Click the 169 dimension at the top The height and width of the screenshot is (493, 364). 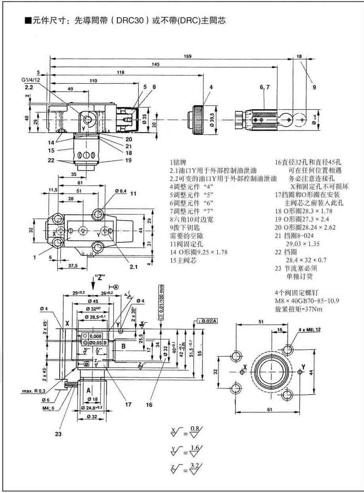click(187, 56)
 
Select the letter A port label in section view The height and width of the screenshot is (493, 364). click(89, 390)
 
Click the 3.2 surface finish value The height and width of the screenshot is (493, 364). click(195, 467)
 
